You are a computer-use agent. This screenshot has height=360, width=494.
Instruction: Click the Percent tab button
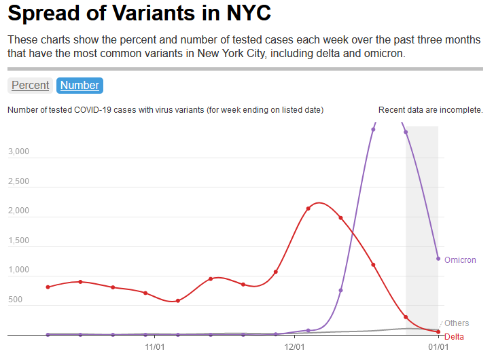pos(30,85)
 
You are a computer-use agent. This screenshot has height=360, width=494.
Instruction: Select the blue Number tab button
pos(80,85)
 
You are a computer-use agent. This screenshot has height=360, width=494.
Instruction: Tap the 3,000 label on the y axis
pos(18,151)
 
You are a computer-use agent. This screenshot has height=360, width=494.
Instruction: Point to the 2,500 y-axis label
pos(18,181)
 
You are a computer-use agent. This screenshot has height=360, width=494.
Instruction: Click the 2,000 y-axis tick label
pos(18,211)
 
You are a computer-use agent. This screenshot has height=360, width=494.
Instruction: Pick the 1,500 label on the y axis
pos(18,240)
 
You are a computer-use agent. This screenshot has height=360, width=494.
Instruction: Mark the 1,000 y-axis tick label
pos(18,270)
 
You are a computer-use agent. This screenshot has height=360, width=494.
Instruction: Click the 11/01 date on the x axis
pos(155,346)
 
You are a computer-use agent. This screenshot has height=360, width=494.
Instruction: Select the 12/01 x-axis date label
pos(294,346)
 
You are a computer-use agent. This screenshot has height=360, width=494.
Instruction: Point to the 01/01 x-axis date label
pos(438,346)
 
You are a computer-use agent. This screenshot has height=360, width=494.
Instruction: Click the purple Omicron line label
pos(460,260)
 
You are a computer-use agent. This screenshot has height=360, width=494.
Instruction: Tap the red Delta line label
pos(455,337)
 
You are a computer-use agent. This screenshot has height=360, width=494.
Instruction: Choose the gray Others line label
pos(457,323)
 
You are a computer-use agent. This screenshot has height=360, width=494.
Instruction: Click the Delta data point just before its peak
pos(308,208)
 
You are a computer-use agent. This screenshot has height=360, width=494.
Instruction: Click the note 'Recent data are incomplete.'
pos(431,109)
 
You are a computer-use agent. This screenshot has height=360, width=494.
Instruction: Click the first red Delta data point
pos(48,287)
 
